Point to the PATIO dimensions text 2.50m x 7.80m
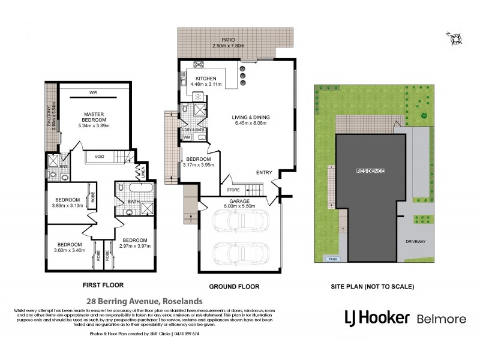235,46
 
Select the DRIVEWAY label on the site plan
415,241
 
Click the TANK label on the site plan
331,259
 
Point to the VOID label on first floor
100,157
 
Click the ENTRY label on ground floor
264,173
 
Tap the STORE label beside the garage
233,191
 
